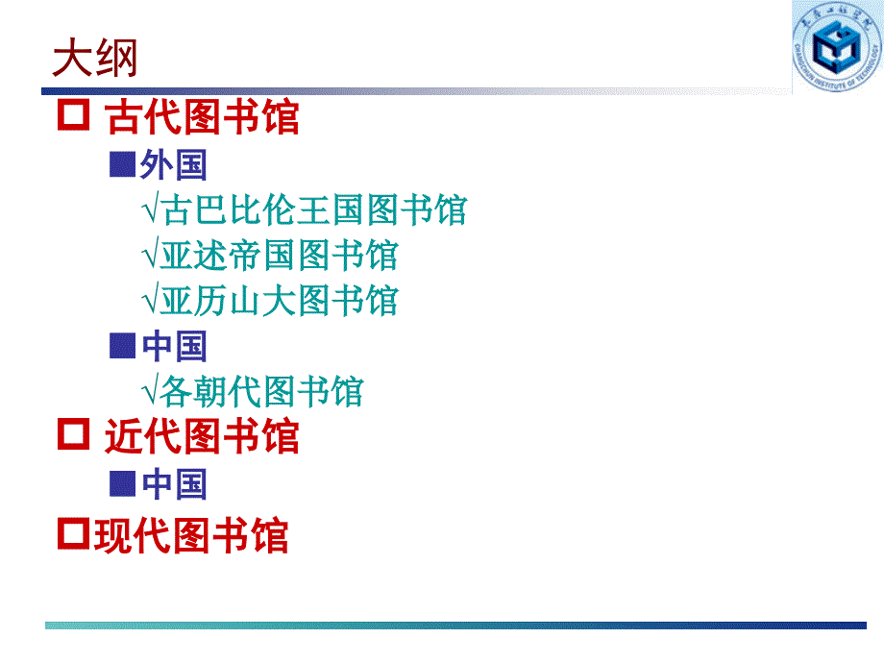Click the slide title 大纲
(95, 58)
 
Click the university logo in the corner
(837, 46)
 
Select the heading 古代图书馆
(202, 116)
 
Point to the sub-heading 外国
(174, 164)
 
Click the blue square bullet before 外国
(122, 164)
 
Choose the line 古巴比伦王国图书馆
(314, 209)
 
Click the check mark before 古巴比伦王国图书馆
(151, 209)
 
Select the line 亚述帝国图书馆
(280, 255)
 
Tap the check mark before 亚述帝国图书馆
(151, 255)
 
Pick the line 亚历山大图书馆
(280, 300)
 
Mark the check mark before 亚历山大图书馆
(151, 300)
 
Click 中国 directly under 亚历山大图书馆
(174, 346)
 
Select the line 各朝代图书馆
(262, 391)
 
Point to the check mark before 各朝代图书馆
(151, 391)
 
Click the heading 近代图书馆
(202, 436)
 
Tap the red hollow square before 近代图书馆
(73, 433)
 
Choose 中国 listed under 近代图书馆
(174, 484)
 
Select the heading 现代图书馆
(191, 535)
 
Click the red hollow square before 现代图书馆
(73, 533)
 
